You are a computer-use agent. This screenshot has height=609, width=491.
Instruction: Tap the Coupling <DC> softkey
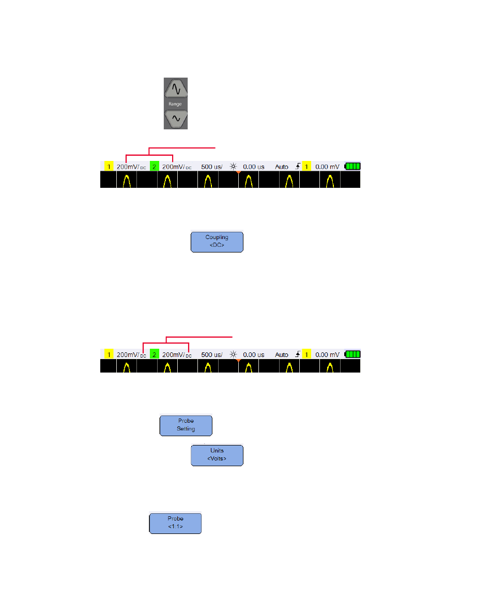[x=217, y=241]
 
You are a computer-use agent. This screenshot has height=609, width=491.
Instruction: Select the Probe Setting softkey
[x=186, y=425]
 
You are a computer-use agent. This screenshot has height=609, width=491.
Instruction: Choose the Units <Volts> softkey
[x=217, y=455]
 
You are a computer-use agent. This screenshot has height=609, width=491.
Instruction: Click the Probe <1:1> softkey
[x=175, y=523]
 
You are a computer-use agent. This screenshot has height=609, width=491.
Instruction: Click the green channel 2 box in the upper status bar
[x=154, y=167]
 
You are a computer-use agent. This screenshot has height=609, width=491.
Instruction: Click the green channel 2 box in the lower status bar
[x=154, y=354]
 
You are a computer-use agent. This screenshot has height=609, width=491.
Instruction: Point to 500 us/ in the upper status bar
[x=211, y=167]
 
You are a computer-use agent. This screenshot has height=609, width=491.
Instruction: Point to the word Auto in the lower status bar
[x=282, y=354]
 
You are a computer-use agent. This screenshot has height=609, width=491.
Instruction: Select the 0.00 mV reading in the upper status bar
[x=327, y=167]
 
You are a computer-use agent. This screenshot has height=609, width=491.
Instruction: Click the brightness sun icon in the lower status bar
[x=234, y=354]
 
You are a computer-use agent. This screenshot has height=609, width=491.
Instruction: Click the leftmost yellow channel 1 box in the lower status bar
[x=109, y=354]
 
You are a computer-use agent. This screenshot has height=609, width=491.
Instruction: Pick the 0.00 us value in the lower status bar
[x=253, y=354]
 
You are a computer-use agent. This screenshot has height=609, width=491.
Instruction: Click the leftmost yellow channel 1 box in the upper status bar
[x=109, y=167]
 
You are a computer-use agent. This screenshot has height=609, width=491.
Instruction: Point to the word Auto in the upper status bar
[x=282, y=167]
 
